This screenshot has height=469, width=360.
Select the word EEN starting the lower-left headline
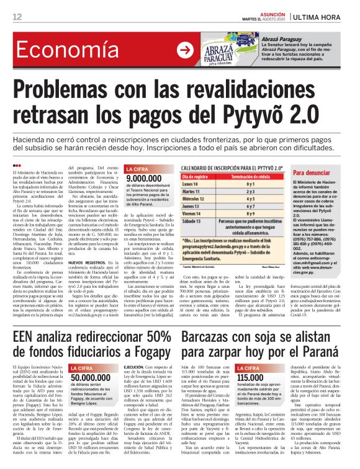click(27, 338)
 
